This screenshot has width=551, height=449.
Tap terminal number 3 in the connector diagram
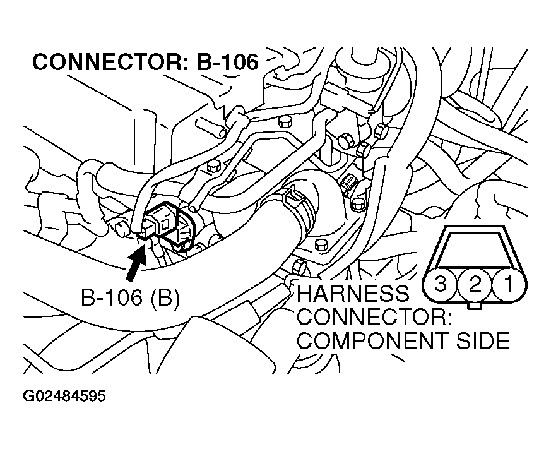(441, 284)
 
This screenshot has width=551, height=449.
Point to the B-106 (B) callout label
(130, 298)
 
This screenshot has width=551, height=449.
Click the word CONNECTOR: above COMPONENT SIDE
(374, 318)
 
